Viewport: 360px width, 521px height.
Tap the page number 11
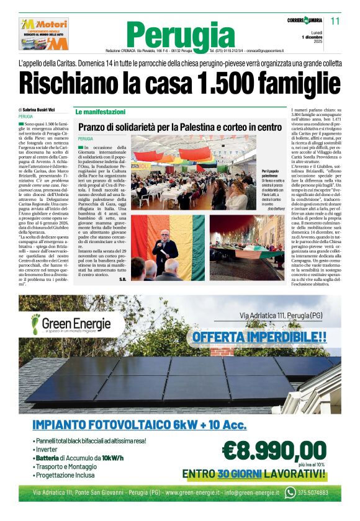pyautogui.click(x=336, y=21)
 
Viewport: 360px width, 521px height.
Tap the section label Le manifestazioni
pyautogui.click(x=100, y=112)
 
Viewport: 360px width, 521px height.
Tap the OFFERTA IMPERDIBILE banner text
pyautogui.click(x=259, y=337)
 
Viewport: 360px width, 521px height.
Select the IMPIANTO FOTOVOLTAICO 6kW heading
pyautogui.click(x=139, y=425)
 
